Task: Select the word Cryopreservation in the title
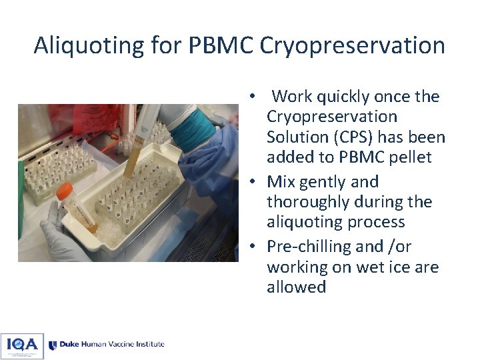coord(352,45)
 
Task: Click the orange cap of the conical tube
coord(65,192)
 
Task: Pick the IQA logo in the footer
coord(22,345)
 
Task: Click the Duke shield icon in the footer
coord(53,345)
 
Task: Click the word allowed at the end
coord(296,287)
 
